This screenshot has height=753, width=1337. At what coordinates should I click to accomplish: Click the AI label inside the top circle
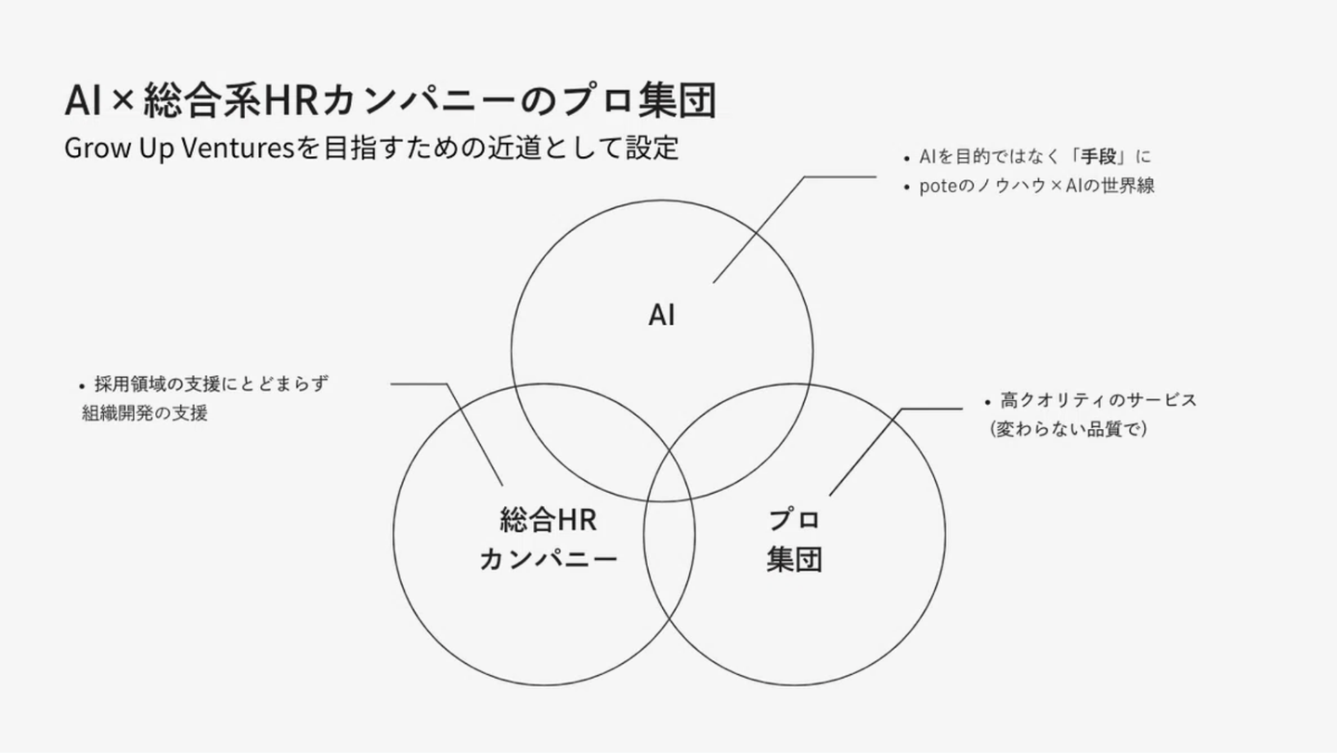pyautogui.click(x=661, y=316)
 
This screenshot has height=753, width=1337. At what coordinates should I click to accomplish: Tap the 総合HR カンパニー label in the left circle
pyautogui.click(x=548, y=539)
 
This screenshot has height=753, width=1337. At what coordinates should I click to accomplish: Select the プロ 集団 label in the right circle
pyautogui.click(x=794, y=539)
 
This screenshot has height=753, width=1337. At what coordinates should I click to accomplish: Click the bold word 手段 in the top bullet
pyautogui.click(x=1097, y=157)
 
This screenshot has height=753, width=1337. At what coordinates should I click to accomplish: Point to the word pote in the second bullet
pyautogui.click(x=937, y=186)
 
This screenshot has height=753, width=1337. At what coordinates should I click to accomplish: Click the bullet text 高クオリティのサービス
pyautogui.click(x=1098, y=401)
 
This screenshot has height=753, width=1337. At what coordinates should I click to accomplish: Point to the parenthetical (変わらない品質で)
pyautogui.click(x=1069, y=430)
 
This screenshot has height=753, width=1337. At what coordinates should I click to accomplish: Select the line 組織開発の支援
pyautogui.click(x=145, y=414)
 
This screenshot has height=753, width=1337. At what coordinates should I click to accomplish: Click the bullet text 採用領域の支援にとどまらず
pyautogui.click(x=212, y=384)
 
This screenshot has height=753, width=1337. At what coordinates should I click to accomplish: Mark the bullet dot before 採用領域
pyautogui.click(x=83, y=385)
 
